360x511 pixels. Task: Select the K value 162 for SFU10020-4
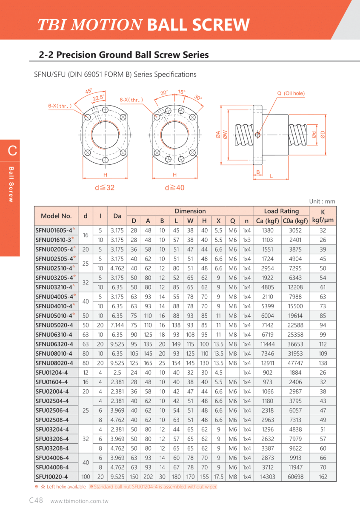tap(323, 477)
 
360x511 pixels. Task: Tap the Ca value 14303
tap(267, 477)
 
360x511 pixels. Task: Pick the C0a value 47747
tap(295, 363)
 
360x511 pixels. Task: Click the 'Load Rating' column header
tap(281, 211)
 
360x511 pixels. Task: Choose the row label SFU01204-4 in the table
tap(51, 373)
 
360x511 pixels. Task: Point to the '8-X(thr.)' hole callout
tap(131, 100)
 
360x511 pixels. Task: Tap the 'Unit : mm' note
tap(322, 201)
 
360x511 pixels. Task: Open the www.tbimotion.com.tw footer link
tap(79, 502)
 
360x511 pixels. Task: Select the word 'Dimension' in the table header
tap(190, 211)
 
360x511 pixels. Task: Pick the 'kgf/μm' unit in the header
tap(323, 221)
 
